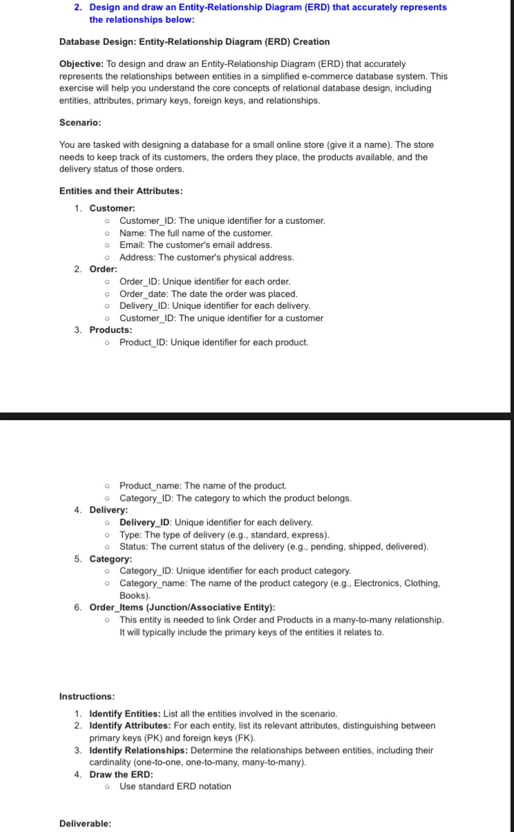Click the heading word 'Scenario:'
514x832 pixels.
point(80,122)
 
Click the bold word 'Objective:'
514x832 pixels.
point(82,64)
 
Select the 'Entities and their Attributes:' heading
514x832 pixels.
point(121,191)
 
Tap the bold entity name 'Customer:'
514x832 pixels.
point(113,208)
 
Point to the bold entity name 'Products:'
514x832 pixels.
point(111,330)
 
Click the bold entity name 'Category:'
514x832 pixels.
point(111,558)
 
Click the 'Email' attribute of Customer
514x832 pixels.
point(131,245)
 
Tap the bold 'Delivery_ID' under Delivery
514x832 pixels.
point(146,522)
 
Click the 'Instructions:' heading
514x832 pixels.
point(87,696)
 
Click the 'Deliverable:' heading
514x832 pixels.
point(85,823)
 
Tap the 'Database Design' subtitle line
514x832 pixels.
point(194,41)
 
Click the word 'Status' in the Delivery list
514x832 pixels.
point(133,547)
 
